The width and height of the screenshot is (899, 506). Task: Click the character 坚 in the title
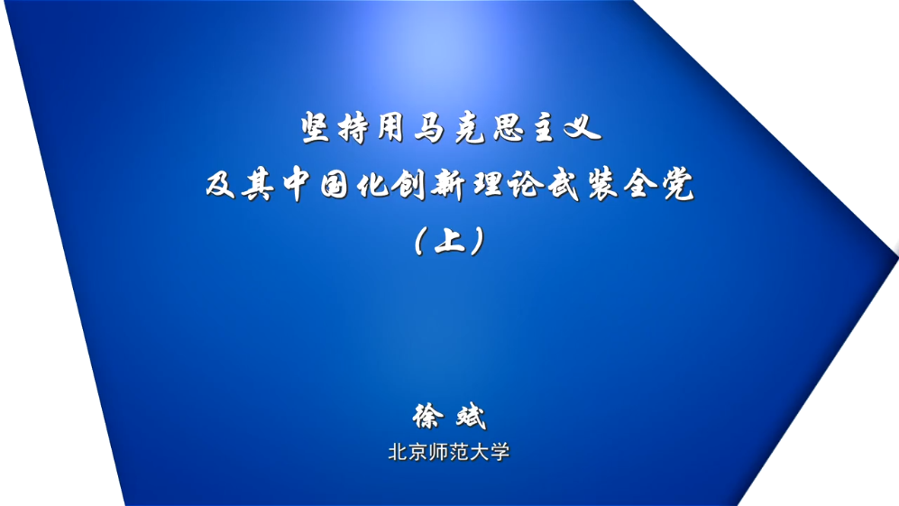point(316,127)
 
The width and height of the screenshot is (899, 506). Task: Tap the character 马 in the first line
point(430,127)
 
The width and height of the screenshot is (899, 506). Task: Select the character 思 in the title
point(509,127)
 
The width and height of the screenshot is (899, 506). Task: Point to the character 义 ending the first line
point(583,127)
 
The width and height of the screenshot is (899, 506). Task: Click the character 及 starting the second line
point(221,184)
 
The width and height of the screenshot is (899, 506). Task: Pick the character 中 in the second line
point(297,184)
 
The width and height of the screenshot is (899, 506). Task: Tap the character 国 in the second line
point(335,185)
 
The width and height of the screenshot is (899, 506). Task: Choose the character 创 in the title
point(410,185)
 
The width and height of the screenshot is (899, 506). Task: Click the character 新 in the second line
point(449,185)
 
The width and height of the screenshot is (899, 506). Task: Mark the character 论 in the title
point(525,185)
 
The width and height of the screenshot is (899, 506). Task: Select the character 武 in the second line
point(564,185)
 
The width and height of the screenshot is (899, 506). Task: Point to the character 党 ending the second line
point(678,185)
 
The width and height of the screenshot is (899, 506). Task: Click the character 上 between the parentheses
point(450,241)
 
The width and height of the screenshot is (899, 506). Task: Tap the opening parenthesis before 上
point(420,241)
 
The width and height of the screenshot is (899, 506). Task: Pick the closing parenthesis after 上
point(478,241)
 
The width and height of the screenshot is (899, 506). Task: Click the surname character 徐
point(427,417)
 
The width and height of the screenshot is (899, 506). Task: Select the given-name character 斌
point(471,417)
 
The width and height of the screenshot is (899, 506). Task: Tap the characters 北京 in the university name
point(408,453)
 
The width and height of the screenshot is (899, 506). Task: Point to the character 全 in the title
point(640,185)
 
